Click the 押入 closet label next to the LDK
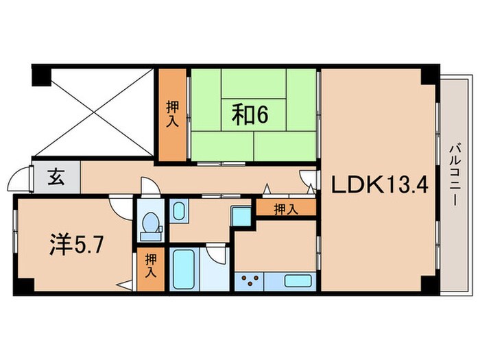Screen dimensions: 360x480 click(287, 208)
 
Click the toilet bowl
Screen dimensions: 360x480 click(149, 224)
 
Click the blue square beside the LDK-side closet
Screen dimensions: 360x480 click(240, 214)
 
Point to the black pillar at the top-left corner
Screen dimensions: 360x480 click(40, 75)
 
